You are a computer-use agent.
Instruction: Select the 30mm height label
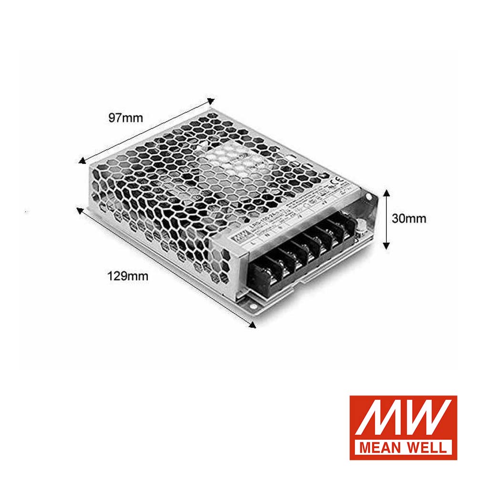(409, 219)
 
